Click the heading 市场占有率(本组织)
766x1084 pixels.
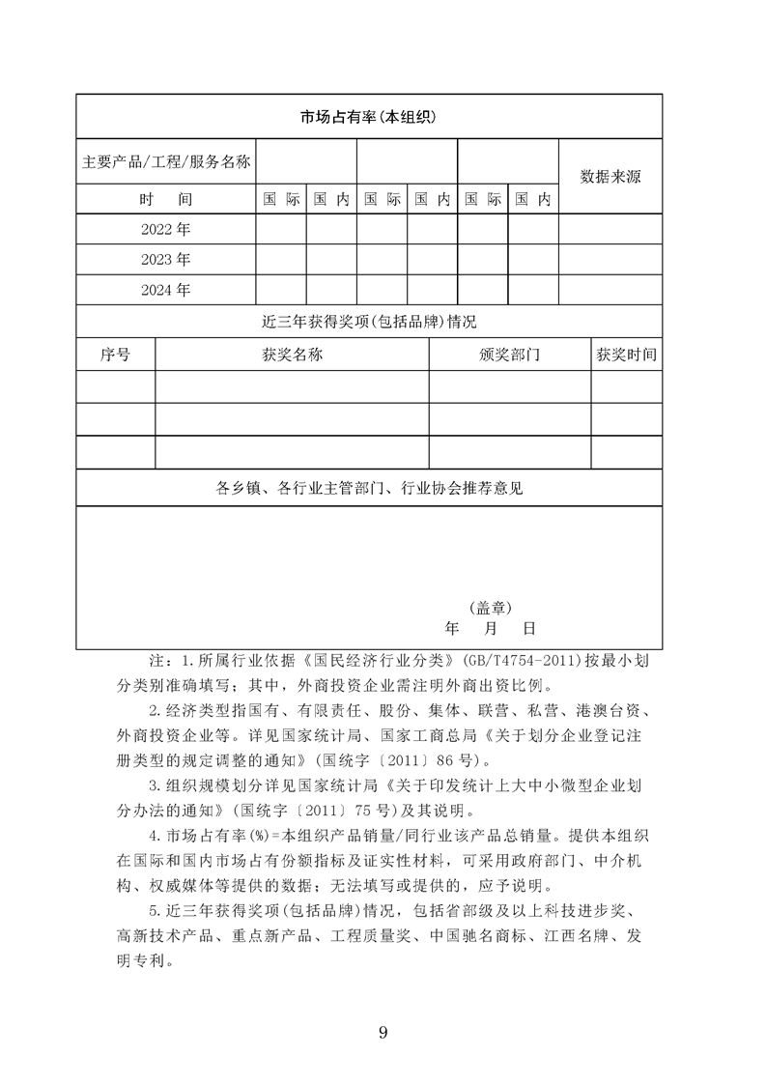pos(369,117)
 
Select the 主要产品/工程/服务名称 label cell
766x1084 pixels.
pos(166,162)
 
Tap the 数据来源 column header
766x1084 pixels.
pos(610,176)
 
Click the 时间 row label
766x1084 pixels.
pos(166,200)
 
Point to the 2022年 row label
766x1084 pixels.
pos(166,230)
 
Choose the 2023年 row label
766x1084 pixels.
pos(166,260)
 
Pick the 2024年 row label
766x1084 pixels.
pos(166,290)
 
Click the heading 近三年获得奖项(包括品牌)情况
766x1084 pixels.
pos(369,321)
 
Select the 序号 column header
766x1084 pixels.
pos(115,355)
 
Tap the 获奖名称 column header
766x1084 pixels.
pos(292,355)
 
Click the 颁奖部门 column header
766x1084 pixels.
pos(509,355)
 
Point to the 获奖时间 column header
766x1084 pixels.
pos(626,355)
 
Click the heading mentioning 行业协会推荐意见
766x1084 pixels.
pos(369,488)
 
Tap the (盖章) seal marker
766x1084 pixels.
pos(491,607)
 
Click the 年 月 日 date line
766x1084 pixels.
pos(489,628)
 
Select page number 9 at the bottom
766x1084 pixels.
pos(383,1034)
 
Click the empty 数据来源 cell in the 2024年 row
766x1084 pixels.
pos(610,290)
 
